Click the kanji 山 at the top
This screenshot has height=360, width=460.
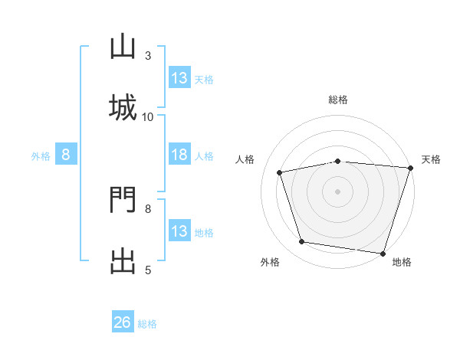[123, 46]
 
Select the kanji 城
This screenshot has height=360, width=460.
[123, 107]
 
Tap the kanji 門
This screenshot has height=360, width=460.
[123, 199]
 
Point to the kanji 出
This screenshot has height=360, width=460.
[123, 261]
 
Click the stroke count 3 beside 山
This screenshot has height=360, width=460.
[148, 56]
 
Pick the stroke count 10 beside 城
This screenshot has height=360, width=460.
[147, 117]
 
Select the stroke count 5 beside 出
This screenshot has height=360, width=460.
[148, 270]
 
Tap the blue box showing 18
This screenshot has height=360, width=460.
[179, 154]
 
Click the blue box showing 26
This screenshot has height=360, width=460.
[123, 321]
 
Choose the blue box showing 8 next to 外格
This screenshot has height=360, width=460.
[66, 154]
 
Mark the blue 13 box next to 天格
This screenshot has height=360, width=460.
[179, 77]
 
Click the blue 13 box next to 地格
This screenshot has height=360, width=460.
[179, 230]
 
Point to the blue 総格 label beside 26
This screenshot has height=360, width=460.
[147, 324]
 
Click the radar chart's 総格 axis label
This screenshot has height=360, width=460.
[338, 100]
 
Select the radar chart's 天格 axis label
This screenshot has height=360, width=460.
[431, 159]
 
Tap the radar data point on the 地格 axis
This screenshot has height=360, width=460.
[383, 254]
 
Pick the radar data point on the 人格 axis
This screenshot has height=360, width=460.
[279, 172]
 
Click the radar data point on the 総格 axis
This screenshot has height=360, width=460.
[338, 162]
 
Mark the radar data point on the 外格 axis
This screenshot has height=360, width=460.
[301, 242]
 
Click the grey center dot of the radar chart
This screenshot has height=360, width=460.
[337, 191]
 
